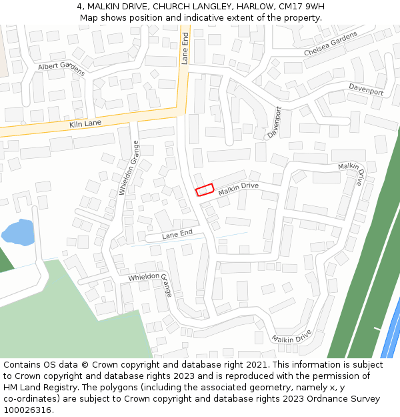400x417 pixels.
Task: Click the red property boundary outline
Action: pyautogui.click(x=204, y=189)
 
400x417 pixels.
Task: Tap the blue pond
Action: pyautogui.click(x=17, y=232)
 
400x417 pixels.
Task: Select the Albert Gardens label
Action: pyautogui.click(x=61, y=68)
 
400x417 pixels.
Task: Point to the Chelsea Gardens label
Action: pyautogui.click(x=331, y=44)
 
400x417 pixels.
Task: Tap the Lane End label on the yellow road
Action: pyautogui.click(x=185, y=47)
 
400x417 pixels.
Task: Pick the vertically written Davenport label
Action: pyautogui.click(x=275, y=122)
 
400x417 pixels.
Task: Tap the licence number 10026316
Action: pyautogui.click(x=27, y=410)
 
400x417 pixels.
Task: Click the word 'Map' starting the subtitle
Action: pyautogui.click(x=89, y=17)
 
